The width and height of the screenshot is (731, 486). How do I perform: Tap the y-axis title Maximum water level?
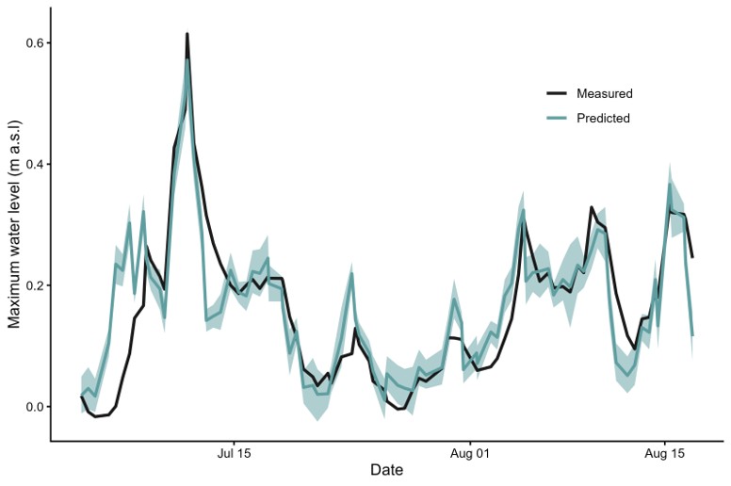15,226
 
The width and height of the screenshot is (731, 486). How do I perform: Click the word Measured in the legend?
604,94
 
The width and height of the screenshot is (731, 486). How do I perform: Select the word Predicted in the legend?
603,119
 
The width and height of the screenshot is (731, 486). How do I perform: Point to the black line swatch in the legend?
556,94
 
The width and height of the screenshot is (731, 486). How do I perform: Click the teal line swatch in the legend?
556,119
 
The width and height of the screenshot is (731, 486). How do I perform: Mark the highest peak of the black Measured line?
187,34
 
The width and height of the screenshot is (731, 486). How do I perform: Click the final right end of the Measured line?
692,256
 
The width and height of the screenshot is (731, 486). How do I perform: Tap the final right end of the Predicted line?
692,335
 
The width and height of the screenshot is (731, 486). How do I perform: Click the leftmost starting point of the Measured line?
81,397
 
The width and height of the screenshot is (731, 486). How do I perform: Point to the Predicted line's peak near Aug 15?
670,185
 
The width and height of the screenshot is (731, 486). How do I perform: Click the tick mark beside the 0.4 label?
48,165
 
